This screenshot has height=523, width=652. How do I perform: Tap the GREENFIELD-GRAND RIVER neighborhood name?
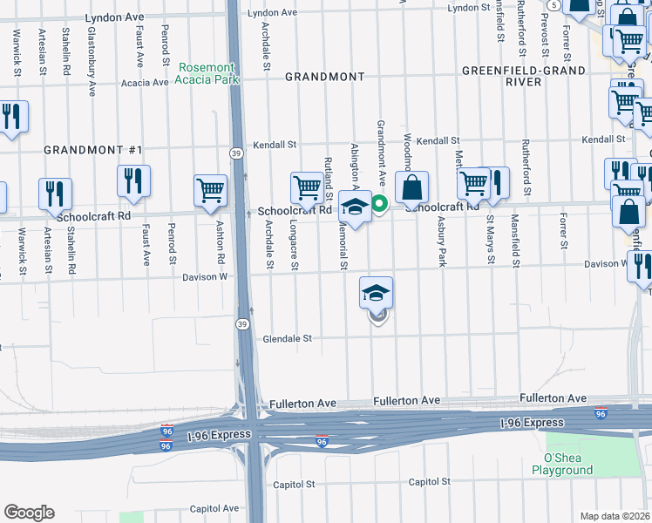(x=501, y=76)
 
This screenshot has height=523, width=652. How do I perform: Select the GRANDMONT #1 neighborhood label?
(x=92, y=150)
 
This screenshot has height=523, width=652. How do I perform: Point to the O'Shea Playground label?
(x=562, y=464)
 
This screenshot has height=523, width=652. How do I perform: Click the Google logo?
(x=29, y=513)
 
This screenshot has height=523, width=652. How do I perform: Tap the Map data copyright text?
(x=615, y=516)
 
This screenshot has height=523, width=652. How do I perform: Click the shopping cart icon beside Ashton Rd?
(x=211, y=189)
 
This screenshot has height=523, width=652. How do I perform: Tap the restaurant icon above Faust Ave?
(x=133, y=180)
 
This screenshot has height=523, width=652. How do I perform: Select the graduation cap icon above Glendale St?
(x=377, y=293)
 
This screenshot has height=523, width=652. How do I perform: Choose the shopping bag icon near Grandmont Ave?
(x=411, y=187)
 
